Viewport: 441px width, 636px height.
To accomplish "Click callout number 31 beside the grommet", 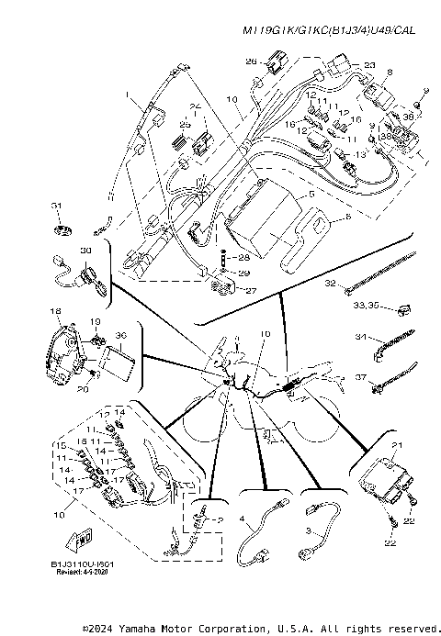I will click(56, 205).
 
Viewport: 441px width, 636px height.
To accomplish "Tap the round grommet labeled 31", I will click(60, 227).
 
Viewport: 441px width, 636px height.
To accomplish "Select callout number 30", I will click(85, 251).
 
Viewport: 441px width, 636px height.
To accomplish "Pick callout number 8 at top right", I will click(390, 72).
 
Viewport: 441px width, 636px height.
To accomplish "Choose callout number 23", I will click(369, 65).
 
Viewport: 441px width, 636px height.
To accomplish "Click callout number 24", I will click(194, 106).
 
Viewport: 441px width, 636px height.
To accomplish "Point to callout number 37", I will click(360, 376).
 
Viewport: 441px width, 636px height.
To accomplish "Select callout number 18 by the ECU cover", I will click(54, 311).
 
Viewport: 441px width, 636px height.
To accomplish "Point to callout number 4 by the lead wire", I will click(243, 519).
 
